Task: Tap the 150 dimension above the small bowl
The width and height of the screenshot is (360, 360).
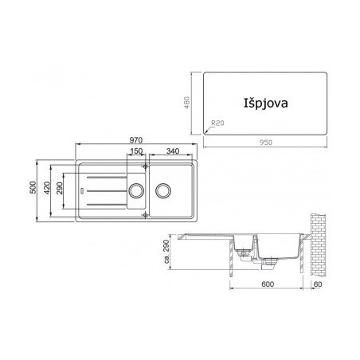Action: [x=136, y=151]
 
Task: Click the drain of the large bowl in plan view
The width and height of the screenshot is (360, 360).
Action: [x=163, y=190]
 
